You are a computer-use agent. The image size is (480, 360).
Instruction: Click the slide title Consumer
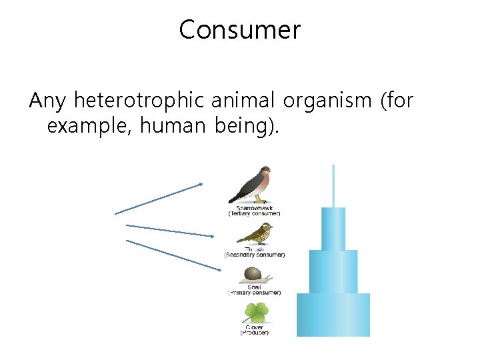[239, 30]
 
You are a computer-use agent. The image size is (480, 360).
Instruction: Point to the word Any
[49, 101]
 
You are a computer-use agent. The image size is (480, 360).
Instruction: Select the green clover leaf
[254, 313]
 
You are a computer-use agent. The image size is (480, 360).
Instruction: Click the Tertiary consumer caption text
[254, 213]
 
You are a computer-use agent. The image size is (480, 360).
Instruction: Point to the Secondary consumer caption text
[254, 255]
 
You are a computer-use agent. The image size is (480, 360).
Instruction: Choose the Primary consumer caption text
[254, 293]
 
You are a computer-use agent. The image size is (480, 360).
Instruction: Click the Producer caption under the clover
[254, 333]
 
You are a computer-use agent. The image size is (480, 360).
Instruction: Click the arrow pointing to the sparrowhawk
[159, 199]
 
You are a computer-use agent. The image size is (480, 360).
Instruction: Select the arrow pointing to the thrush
[170, 231]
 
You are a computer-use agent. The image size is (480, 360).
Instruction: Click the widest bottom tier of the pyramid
[333, 314]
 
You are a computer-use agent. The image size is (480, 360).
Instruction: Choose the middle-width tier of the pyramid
[333, 271]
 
